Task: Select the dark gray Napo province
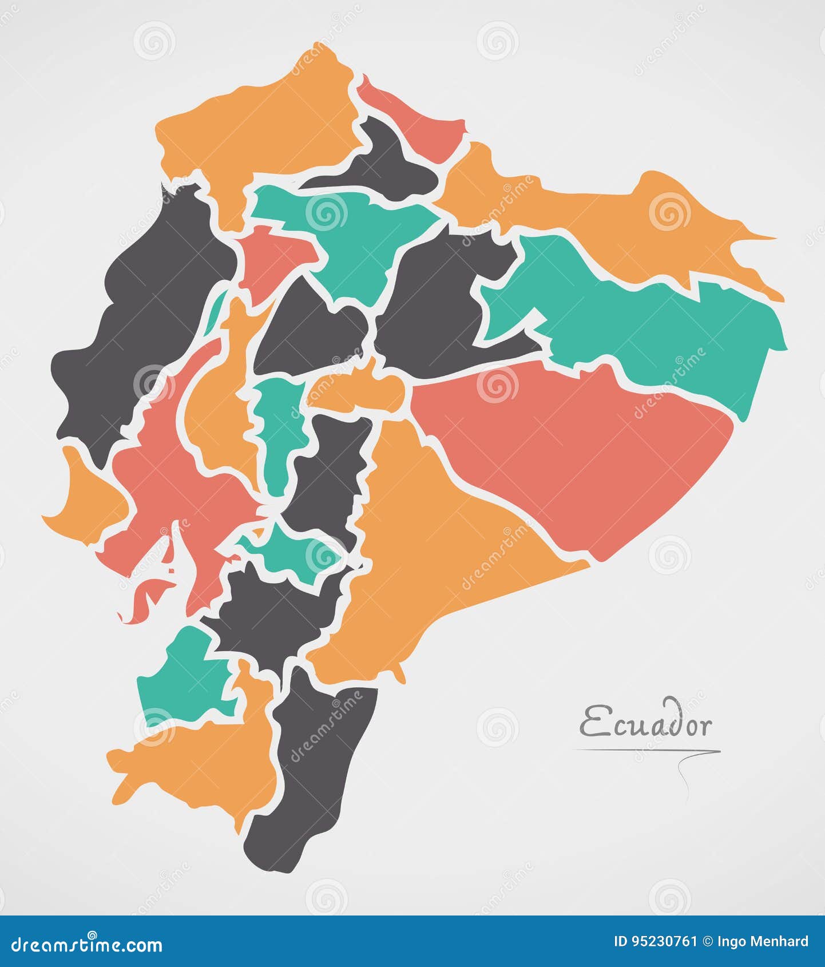pos(435,303)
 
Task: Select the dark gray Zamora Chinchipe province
pos(315,772)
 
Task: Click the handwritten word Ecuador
pos(646,724)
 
